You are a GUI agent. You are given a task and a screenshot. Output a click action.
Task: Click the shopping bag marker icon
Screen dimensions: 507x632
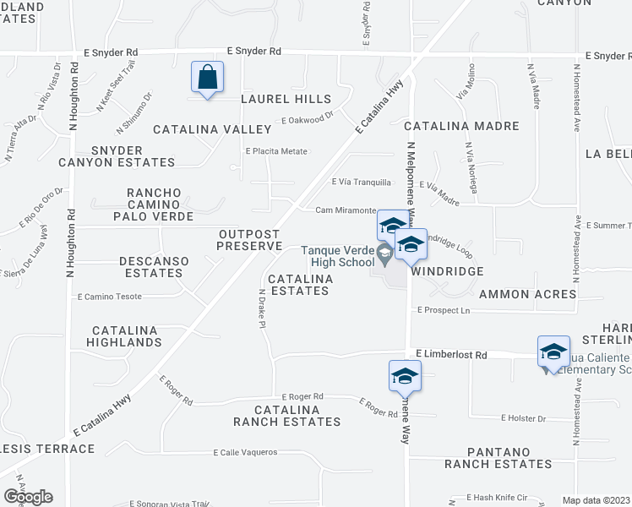tap(207, 79)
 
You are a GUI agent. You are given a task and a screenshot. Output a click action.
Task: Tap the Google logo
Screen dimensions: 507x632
tap(28, 497)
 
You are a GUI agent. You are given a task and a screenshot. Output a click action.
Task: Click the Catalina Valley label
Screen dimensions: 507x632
tap(212, 129)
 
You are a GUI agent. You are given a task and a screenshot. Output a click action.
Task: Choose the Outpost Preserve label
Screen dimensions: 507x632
tap(248, 240)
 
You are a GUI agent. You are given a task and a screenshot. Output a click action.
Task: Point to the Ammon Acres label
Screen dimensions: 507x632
tap(527, 295)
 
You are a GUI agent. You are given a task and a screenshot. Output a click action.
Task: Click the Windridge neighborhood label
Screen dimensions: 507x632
tap(447, 271)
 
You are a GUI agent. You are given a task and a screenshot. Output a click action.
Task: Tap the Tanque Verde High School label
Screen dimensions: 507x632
tap(338, 256)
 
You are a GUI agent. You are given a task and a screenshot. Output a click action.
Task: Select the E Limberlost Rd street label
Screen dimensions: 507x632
tap(452, 356)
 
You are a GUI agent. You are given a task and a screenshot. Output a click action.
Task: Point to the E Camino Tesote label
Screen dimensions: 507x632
tap(110, 297)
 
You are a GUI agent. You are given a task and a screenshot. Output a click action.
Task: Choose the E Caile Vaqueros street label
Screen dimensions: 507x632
tap(245, 452)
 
